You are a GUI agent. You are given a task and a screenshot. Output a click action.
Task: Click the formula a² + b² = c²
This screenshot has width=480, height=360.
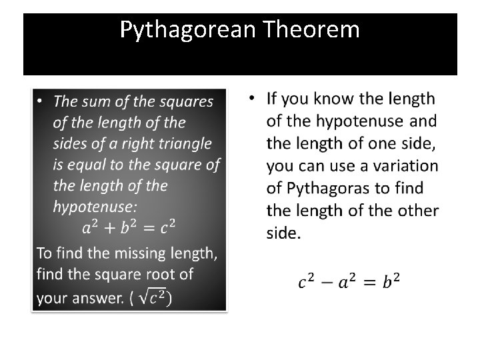click(128, 228)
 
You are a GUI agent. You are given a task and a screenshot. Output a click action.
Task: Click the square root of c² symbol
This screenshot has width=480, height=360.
click(156, 297)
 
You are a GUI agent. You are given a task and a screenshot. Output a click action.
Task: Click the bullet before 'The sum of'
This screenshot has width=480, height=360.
click(40, 101)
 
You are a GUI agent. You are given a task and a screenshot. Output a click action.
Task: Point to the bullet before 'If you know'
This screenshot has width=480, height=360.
click(252, 99)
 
